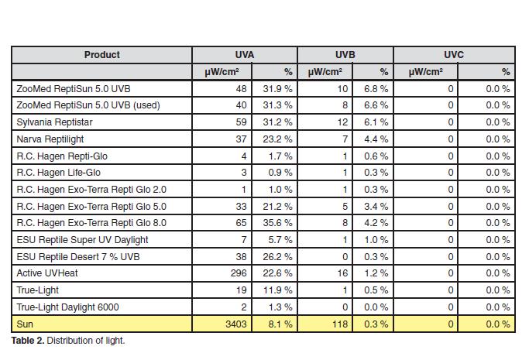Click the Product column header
point(102,55)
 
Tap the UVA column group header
point(245,55)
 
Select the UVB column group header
point(345,55)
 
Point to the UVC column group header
point(454,55)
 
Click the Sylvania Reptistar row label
point(54,122)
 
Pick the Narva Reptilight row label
point(50,139)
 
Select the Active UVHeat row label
point(47,273)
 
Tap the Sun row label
point(25,324)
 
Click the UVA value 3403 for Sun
point(235,324)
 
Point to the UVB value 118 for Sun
point(340,324)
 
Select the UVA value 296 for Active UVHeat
point(239,273)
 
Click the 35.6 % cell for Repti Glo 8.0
point(277,223)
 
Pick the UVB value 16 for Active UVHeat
point(342,273)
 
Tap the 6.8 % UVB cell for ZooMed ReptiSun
point(376,89)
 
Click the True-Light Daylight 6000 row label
point(67,307)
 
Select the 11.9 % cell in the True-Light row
point(277,290)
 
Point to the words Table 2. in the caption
point(28,341)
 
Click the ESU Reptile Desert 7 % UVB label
point(78,256)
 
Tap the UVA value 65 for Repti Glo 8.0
point(241,223)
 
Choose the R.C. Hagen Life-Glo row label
point(58,172)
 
